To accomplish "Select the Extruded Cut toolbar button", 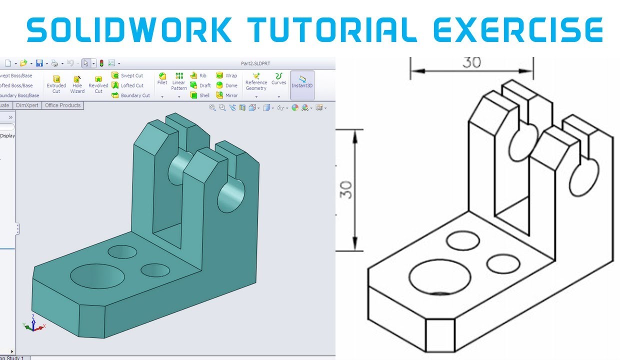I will coord(56,84).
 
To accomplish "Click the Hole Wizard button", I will coord(77,84).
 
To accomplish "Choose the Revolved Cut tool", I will coord(98,84).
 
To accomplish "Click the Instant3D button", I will coord(302,82).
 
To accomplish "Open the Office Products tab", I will coord(62,105).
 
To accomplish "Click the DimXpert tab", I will coord(27,105).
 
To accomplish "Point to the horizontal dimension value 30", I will coord(471,62).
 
